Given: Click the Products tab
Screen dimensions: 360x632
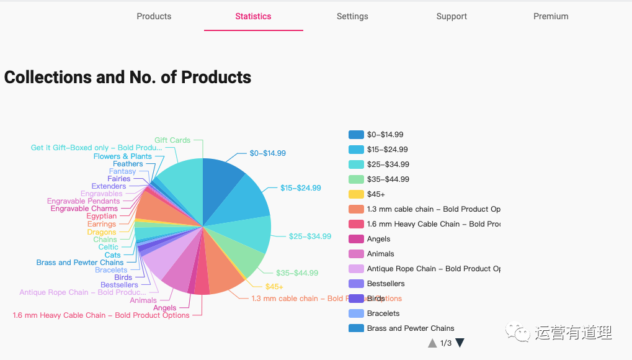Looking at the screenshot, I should point(154,16).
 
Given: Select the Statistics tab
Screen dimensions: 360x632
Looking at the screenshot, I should point(253,16).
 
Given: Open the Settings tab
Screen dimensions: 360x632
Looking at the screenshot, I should point(352,16).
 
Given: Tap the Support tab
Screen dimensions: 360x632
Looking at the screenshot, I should point(452,16).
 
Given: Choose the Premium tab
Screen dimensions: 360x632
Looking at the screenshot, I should point(551,16).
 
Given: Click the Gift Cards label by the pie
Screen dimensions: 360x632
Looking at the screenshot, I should point(172,140).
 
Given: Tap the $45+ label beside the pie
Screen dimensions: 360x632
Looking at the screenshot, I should point(274,287).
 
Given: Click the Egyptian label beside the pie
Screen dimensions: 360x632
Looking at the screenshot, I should point(102,217).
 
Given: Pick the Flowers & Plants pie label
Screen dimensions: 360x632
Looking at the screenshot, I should point(123,156).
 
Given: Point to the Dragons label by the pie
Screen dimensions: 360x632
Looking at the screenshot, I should point(102,232).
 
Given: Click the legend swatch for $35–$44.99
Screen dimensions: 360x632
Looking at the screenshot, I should point(356,179).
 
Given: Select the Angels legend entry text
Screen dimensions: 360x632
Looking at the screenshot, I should point(378,239).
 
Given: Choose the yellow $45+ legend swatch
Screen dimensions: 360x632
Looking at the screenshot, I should point(356,194).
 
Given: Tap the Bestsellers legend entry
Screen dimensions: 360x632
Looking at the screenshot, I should point(386,284).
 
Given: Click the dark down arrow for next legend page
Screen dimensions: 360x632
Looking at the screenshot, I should point(460,343).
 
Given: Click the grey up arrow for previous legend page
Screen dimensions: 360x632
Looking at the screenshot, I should point(432,343).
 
